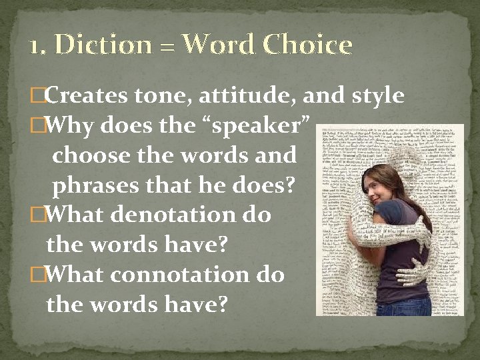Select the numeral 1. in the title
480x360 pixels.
click(x=38, y=45)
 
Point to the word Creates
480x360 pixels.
click(x=87, y=96)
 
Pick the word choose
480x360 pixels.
click(x=89, y=155)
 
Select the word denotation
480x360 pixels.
click(x=173, y=215)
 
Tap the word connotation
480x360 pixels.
click(x=183, y=274)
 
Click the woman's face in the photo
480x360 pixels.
click(x=385, y=189)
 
